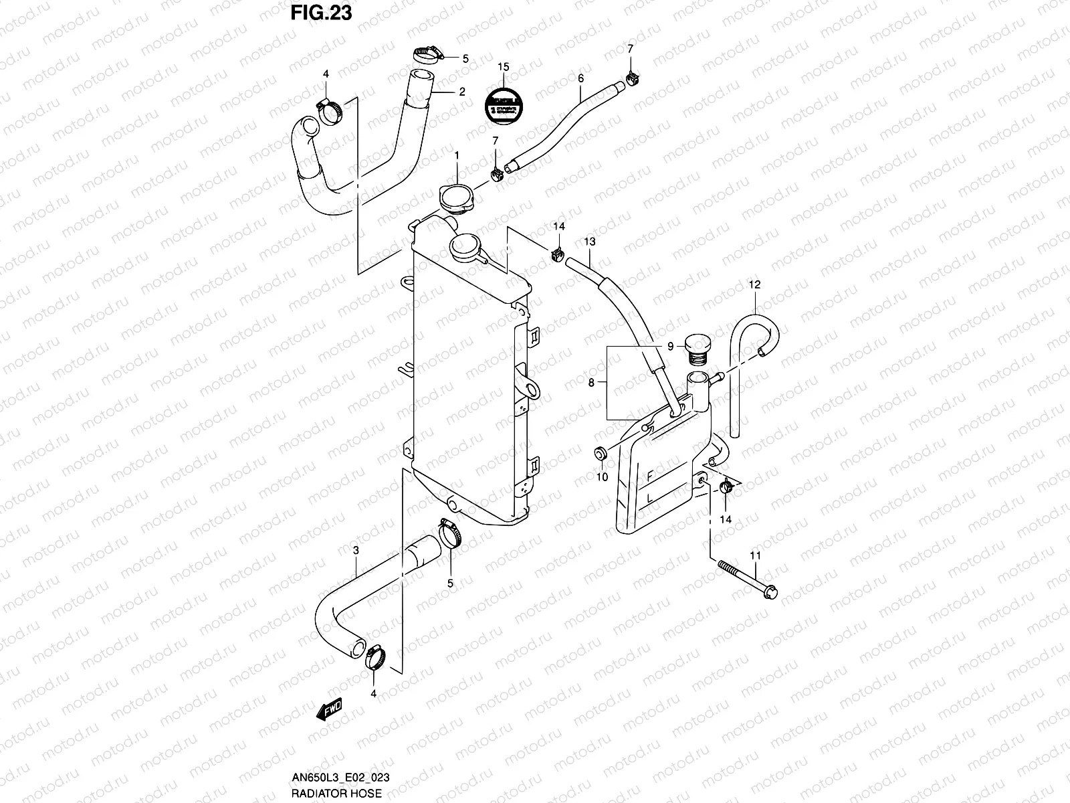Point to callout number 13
(x=589, y=241)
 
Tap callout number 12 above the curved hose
(x=754, y=285)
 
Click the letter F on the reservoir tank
(x=649, y=476)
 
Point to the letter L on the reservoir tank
(x=649, y=499)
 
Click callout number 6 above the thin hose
(x=580, y=79)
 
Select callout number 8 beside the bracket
(x=591, y=383)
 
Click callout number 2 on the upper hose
(x=461, y=92)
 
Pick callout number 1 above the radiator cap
(x=457, y=155)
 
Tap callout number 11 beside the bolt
(x=755, y=555)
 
